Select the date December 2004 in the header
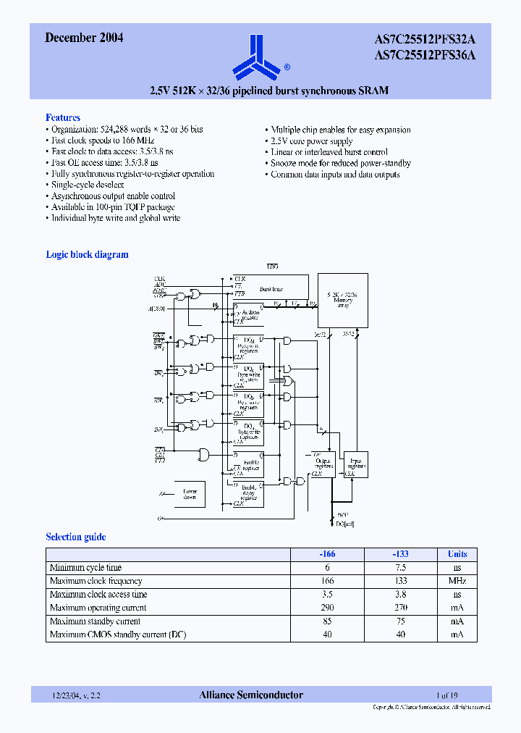[x=84, y=38]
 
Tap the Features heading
[x=63, y=117]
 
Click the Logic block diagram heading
[x=87, y=254]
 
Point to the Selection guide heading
[x=75, y=537]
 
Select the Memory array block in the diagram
[x=343, y=300]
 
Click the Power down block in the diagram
[x=190, y=494]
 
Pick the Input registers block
[x=357, y=464]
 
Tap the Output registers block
[x=323, y=463]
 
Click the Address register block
[x=248, y=313]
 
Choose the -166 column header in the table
[x=327, y=554]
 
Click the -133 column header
[x=401, y=554]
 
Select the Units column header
[x=457, y=554]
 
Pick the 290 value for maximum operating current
[x=327, y=608]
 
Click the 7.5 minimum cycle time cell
[x=401, y=568]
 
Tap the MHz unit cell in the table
[x=457, y=581]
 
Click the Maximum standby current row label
[x=95, y=621]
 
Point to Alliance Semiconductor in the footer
[x=251, y=695]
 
